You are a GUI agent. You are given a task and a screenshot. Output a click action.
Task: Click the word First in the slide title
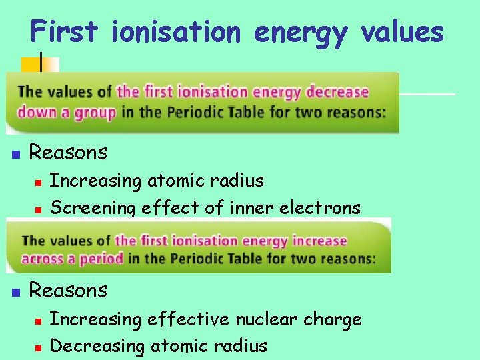point(65,31)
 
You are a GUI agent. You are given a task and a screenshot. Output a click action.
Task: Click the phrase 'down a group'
point(67,112)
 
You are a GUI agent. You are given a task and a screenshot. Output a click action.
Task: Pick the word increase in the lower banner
point(315,241)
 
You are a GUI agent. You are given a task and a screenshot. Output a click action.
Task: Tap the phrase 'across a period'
point(73,258)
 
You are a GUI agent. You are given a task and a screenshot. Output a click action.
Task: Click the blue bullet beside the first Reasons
point(17,155)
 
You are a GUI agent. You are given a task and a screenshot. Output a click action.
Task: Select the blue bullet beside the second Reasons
point(17,292)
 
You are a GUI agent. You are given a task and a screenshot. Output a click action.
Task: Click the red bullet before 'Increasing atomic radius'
point(39,182)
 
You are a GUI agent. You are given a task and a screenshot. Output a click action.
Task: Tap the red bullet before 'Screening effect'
point(39,209)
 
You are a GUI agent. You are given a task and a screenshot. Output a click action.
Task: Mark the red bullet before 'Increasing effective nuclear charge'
point(39,321)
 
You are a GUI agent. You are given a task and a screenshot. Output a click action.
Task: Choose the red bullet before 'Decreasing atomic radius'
point(39,347)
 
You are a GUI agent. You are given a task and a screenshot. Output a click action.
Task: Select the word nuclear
point(266,319)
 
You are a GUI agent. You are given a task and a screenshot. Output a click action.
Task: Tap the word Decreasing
point(97,347)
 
